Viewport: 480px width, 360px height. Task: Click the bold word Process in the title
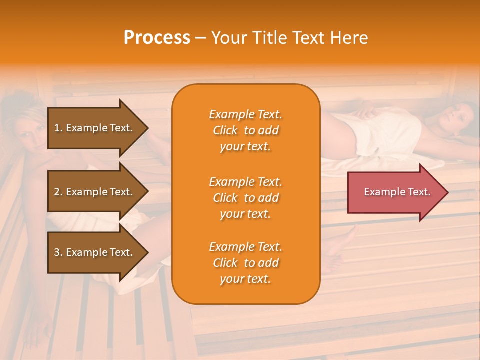157,38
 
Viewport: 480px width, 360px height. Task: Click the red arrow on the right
395,192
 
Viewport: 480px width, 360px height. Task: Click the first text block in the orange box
245,130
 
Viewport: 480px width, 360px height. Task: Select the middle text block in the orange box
245,198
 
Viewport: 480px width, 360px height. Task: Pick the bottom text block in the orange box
245,263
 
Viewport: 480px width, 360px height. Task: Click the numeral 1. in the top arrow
58,128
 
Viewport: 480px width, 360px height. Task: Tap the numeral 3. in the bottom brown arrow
58,252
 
